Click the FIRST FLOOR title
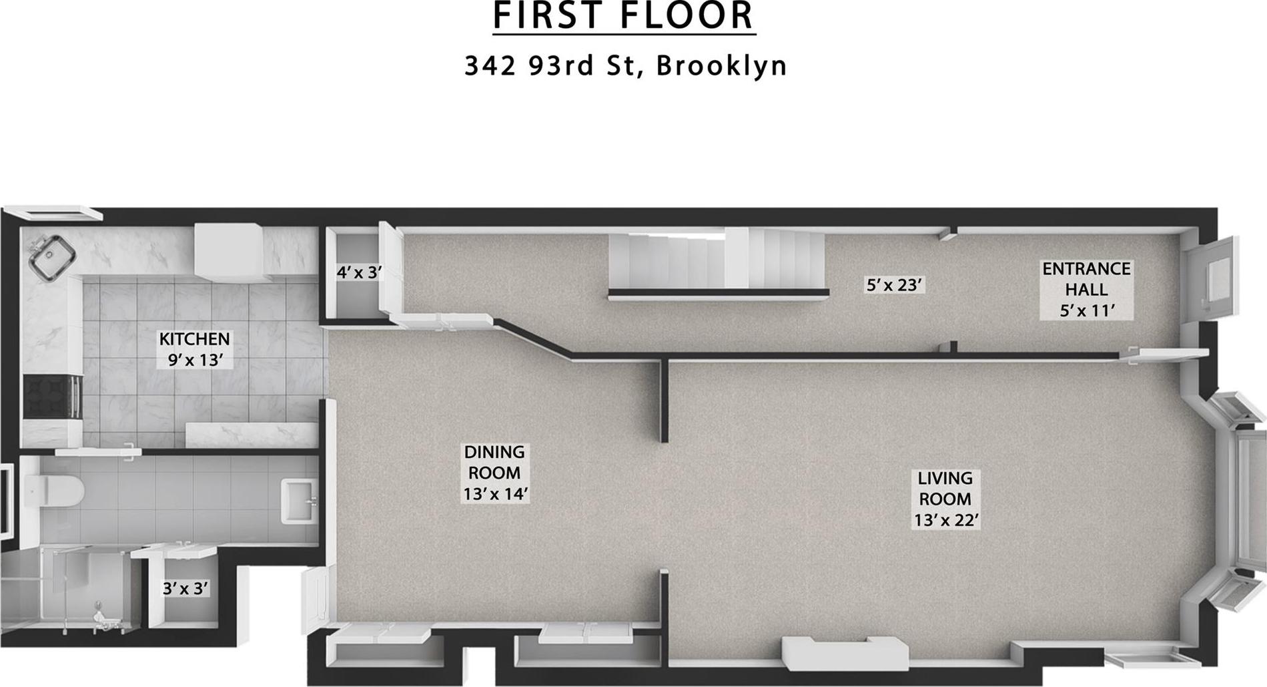pyautogui.click(x=624, y=16)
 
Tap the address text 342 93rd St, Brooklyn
pyautogui.click(x=625, y=65)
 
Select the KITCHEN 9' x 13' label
pyautogui.click(x=194, y=349)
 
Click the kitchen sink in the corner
pyautogui.click(x=51, y=256)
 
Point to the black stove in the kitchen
pyautogui.click(x=52, y=397)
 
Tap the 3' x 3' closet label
pyautogui.click(x=185, y=588)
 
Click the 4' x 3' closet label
pyautogui.click(x=359, y=272)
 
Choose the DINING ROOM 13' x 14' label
pyautogui.click(x=495, y=473)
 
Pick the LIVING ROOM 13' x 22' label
pyautogui.click(x=945, y=499)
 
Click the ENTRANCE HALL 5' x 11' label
pyautogui.click(x=1086, y=289)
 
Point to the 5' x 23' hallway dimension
pyautogui.click(x=894, y=285)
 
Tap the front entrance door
pyautogui.click(x=1210, y=280)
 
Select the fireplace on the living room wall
pyautogui.click(x=845, y=652)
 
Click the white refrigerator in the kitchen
pyautogui.click(x=228, y=251)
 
